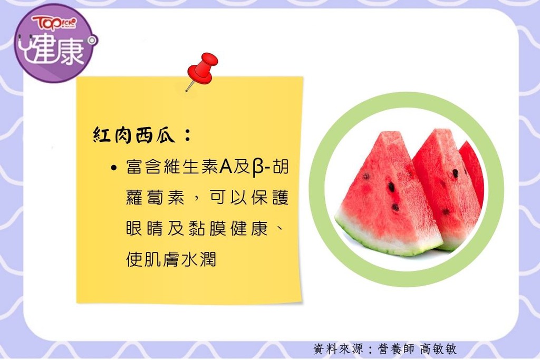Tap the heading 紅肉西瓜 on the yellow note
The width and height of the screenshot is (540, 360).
(x=134, y=135)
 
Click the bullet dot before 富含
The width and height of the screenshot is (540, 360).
(x=114, y=168)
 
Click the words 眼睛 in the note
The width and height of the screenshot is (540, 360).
(x=144, y=228)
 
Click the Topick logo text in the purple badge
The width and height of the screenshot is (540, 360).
(x=54, y=23)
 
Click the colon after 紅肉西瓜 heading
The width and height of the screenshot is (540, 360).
(x=188, y=135)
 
